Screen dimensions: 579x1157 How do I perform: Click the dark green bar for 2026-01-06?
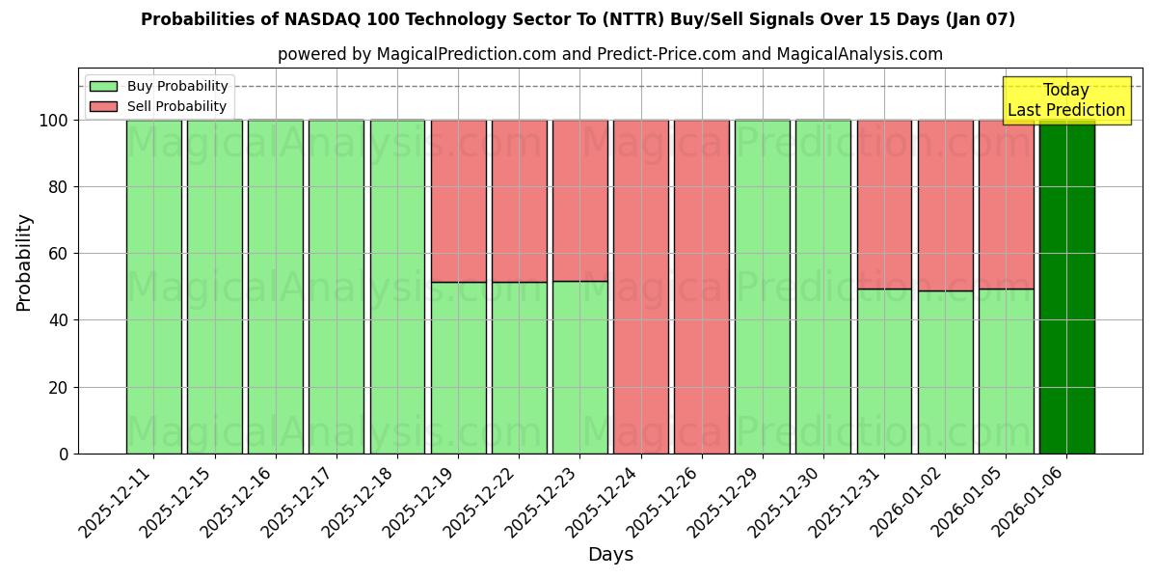1066,289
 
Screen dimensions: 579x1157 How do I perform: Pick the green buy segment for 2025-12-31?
884,372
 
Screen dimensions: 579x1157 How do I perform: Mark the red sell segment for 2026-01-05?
1006,204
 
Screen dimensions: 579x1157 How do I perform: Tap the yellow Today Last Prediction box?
1065,100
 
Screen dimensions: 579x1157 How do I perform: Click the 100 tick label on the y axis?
54,121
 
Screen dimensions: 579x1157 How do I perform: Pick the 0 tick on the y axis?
65,454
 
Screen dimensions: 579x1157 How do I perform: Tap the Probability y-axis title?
24,262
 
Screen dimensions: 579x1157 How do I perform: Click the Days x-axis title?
610,555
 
